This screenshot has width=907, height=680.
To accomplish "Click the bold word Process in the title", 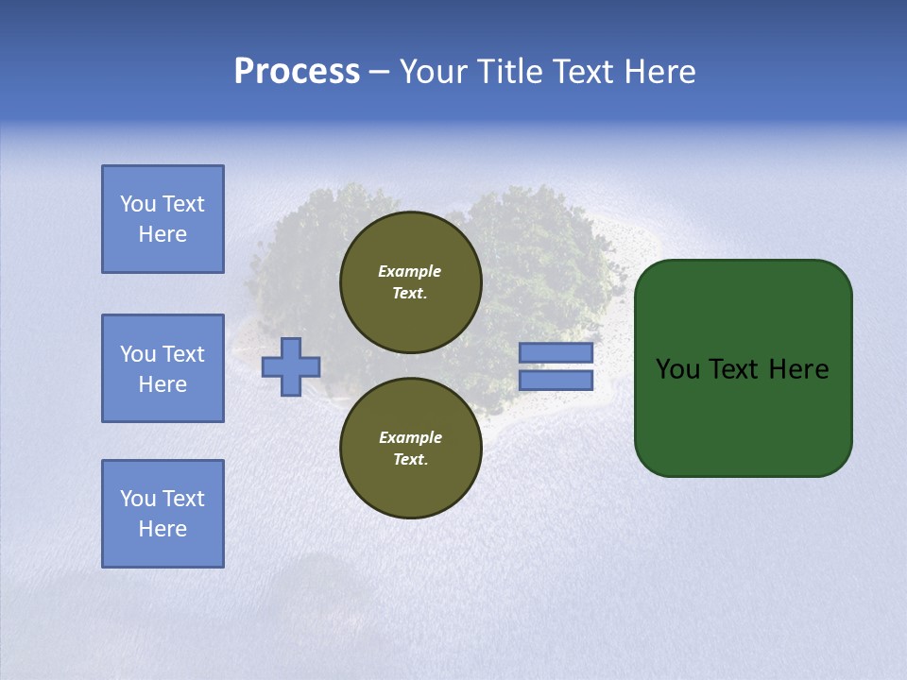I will tap(297, 72).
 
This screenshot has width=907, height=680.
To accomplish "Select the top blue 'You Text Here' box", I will tap(163, 219).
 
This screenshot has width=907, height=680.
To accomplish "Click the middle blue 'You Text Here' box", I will tap(163, 368).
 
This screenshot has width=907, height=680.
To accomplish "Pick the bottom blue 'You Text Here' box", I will tap(163, 514).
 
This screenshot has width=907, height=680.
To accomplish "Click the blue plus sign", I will tap(291, 366).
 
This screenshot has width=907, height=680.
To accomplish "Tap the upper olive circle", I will tap(410, 282).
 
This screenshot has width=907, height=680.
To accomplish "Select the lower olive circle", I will tap(410, 449).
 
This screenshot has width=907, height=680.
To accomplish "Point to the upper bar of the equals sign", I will tap(556, 353).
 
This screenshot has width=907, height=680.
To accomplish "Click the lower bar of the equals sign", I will tap(556, 381).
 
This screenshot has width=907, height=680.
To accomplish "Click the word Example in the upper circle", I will tap(410, 271).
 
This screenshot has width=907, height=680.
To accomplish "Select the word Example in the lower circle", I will tap(410, 437).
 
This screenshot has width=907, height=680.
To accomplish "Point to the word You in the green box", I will tap(677, 369).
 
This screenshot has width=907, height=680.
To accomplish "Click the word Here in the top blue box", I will tap(163, 234).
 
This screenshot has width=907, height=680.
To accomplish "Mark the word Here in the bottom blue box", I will tap(163, 529).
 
